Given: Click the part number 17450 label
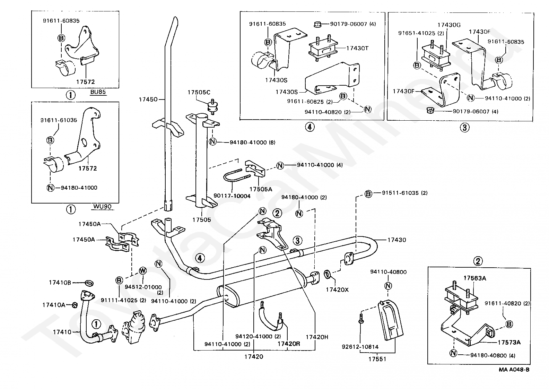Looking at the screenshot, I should tap(148, 100).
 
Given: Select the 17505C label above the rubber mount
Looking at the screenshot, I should tap(199, 93).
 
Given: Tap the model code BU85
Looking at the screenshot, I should tap(98, 92).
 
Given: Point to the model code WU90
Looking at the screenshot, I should tap(102, 207).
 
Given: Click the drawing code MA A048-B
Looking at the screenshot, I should tap(514, 370).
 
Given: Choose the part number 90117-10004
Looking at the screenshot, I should tap(232, 196).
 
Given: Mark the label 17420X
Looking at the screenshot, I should tap(337, 289).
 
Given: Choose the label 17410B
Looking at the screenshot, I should tap(60, 283).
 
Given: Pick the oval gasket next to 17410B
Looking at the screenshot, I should tap(89, 283).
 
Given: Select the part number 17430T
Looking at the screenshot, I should tap(357, 48).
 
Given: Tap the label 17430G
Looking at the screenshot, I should tap(449, 25).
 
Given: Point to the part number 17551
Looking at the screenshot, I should tap(377, 359).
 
